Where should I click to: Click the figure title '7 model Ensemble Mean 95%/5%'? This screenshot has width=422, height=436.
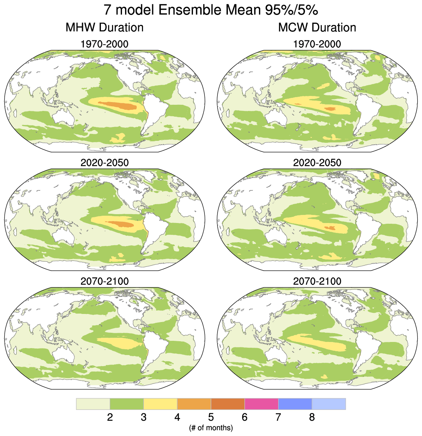211,10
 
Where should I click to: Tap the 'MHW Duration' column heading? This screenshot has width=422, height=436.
104,28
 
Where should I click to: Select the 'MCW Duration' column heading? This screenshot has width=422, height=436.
317,28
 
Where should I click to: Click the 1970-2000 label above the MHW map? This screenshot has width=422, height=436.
104,44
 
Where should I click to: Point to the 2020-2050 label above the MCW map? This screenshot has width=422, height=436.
317,163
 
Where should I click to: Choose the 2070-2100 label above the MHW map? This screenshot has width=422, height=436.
104,281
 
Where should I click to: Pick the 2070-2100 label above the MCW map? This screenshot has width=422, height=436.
317,281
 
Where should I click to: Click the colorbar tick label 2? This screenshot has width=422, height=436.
110,417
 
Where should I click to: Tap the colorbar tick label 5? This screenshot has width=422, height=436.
211,417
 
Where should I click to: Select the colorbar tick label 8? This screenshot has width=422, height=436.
312,417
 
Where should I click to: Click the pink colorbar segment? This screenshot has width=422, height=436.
261,404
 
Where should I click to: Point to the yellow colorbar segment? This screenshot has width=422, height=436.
160,404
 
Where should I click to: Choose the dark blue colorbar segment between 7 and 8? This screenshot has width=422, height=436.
295,404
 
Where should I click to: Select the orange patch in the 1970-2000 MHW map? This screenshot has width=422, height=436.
117,104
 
